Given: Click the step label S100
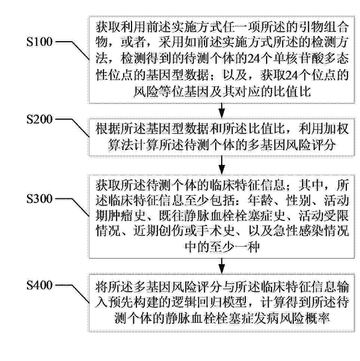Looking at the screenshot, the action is (40, 42).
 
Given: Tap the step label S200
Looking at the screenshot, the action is (40, 119).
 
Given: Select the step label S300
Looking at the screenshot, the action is (40, 199).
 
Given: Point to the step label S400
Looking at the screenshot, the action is (40, 285).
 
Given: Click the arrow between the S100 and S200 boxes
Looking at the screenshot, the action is (222, 111).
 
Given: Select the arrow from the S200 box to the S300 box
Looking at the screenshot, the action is (222, 165).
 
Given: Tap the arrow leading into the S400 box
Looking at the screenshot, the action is (222, 266).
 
